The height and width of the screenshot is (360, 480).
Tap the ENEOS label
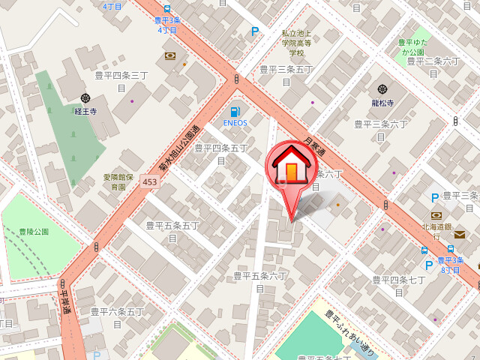[x=235, y=123]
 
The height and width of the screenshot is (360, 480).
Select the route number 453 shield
[x=149, y=183]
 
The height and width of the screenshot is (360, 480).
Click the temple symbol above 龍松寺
[x=382, y=89]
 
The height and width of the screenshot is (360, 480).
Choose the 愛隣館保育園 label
[x=118, y=181]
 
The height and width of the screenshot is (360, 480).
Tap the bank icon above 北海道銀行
[x=436, y=214]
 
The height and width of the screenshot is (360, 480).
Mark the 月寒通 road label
[x=315, y=145]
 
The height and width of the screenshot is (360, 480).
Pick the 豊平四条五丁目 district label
[x=220, y=154]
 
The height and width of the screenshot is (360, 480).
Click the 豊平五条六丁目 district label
[x=259, y=281]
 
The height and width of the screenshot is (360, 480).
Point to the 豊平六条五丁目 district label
[x=117, y=316]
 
